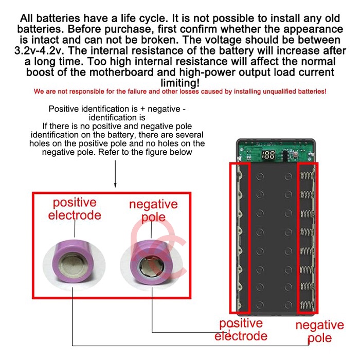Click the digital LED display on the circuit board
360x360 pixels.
point(268,155)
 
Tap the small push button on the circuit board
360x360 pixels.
point(295,153)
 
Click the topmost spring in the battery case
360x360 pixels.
point(307,176)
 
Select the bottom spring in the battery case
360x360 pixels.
point(307,305)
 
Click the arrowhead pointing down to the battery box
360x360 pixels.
point(115,185)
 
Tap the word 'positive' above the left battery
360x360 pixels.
point(75,203)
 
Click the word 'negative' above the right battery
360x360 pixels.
point(153,204)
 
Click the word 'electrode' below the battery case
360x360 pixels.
point(241,336)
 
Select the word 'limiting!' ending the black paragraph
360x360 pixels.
point(180,83)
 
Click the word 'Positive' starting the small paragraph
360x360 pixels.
point(64,109)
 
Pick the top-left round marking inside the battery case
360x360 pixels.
point(260,176)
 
